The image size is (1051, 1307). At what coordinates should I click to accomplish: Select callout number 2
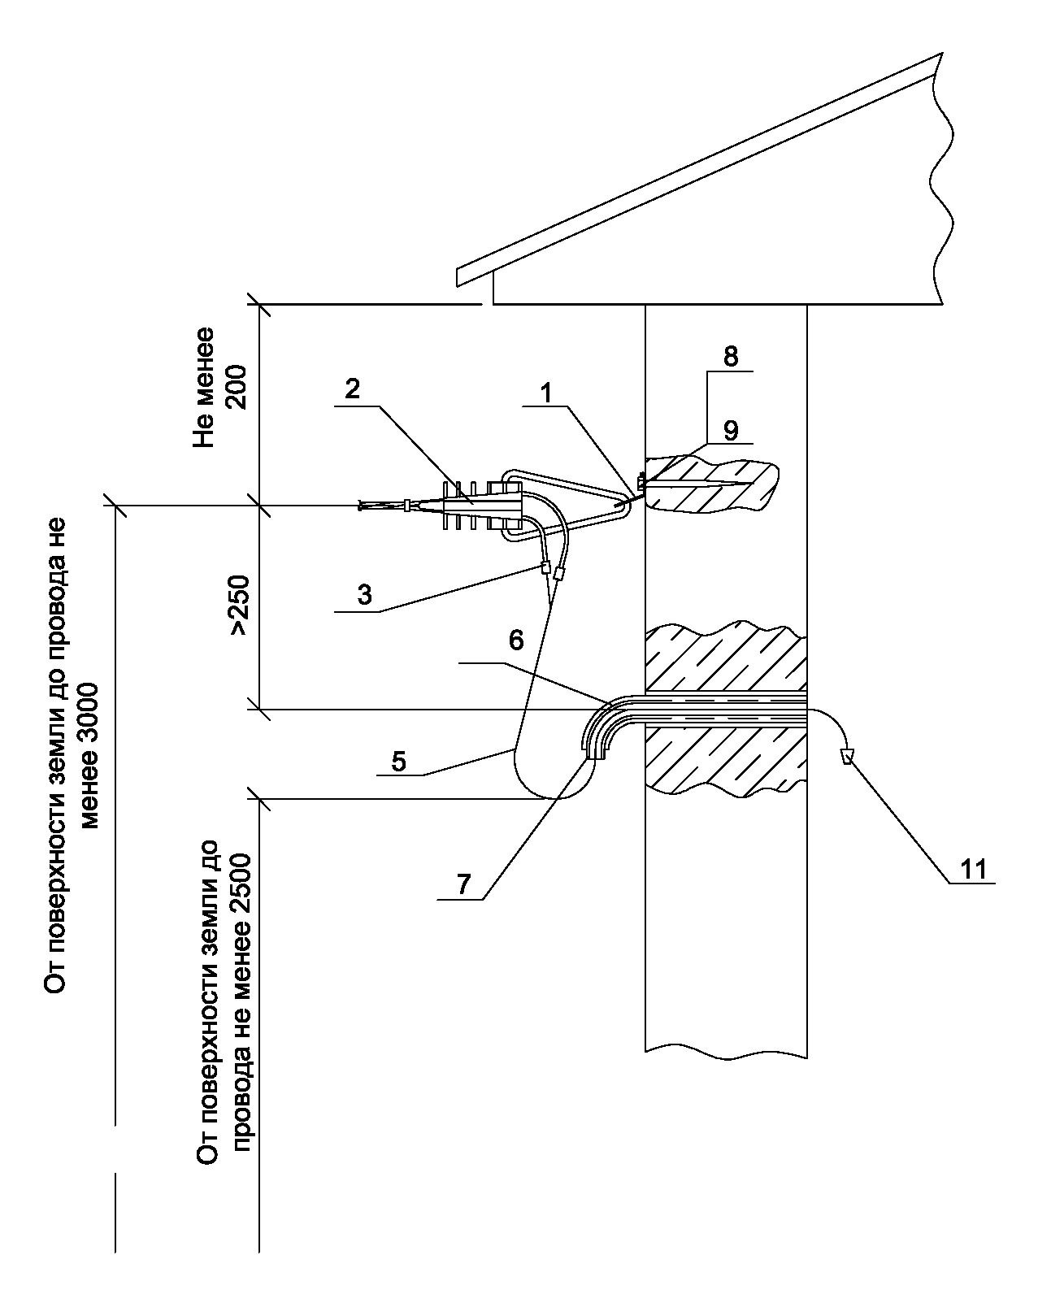(351, 389)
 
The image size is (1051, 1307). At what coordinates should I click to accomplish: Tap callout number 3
(364, 594)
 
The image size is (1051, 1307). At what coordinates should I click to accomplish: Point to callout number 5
(398, 761)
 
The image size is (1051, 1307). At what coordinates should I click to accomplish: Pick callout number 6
(516, 640)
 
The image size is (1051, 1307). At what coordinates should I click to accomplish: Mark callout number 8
(731, 357)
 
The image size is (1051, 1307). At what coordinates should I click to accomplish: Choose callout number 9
(731, 429)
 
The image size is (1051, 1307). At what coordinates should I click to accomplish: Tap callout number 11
(973, 869)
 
